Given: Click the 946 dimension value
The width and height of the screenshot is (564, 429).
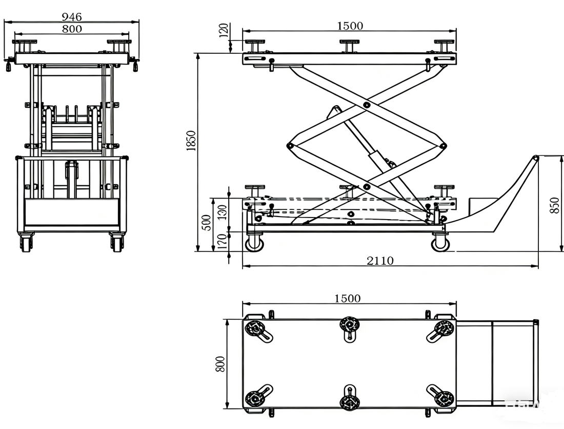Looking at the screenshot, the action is click(x=72, y=16).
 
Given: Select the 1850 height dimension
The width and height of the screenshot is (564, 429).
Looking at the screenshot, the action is click(x=191, y=141).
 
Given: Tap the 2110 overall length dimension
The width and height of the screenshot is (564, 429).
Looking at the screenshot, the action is click(x=380, y=260).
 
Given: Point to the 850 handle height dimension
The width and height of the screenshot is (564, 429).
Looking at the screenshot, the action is click(x=555, y=205).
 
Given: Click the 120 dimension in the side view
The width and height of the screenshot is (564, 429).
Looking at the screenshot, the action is click(x=224, y=31).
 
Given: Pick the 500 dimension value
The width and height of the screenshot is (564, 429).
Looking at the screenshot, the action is click(x=206, y=223).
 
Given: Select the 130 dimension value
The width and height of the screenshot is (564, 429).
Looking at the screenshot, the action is click(x=223, y=212).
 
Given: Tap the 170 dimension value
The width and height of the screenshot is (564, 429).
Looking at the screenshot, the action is click(x=223, y=242).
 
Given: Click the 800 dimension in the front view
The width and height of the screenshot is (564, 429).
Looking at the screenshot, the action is click(x=72, y=29).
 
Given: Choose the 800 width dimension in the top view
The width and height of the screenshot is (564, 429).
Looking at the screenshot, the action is click(x=220, y=364).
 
